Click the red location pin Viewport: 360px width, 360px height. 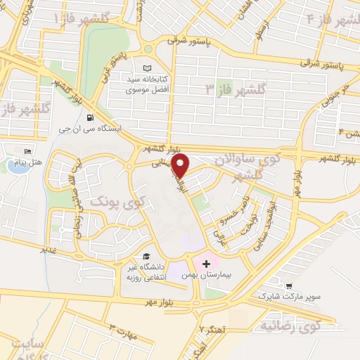[181, 166]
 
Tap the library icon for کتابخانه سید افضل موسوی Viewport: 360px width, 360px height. [147, 68]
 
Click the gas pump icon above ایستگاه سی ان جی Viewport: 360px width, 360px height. [89, 117]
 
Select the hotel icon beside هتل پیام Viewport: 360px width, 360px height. [28, 151]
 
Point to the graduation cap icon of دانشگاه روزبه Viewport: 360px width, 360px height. [146, 256]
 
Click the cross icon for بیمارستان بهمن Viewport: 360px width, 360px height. [206, 264]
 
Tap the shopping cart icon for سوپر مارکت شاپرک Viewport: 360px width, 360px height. [288, 285]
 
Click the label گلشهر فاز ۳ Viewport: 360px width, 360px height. [236, 89]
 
